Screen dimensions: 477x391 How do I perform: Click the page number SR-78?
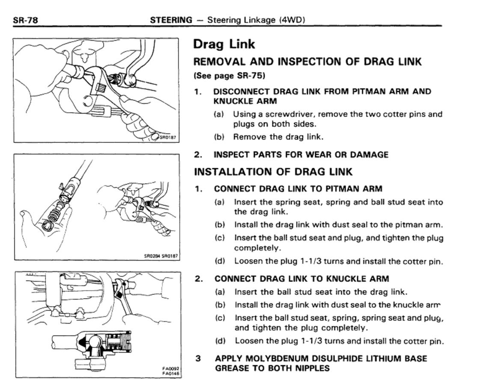click(x=26, y=20)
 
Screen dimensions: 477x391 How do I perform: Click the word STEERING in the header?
click(x=171, y=20)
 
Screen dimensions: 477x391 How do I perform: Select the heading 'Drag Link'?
click(x=224, y=44)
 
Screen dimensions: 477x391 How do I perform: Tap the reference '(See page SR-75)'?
click(x=230, y=76)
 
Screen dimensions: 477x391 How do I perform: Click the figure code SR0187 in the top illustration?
click(x=168, y=137)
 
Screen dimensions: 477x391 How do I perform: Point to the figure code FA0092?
click(x=172, y=368)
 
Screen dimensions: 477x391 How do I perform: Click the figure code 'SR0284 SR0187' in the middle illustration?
click(x=161, y=256)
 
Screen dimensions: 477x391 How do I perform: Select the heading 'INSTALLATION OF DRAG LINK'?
click(x=273, y=172)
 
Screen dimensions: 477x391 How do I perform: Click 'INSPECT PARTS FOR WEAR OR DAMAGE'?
click(x=301, y=155)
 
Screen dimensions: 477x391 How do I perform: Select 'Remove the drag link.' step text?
click(x=278, y=137)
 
